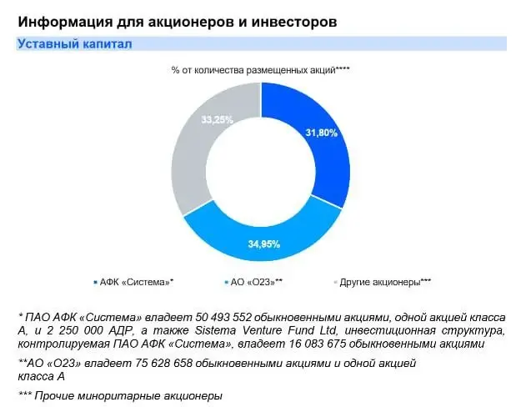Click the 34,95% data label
click(x=264, y=244)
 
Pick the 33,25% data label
click(x=217, y=119)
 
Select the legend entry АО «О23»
click(x=259, y=282)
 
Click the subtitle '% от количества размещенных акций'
click(x=254, y=70)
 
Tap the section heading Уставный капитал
click(x=74, y=43)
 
